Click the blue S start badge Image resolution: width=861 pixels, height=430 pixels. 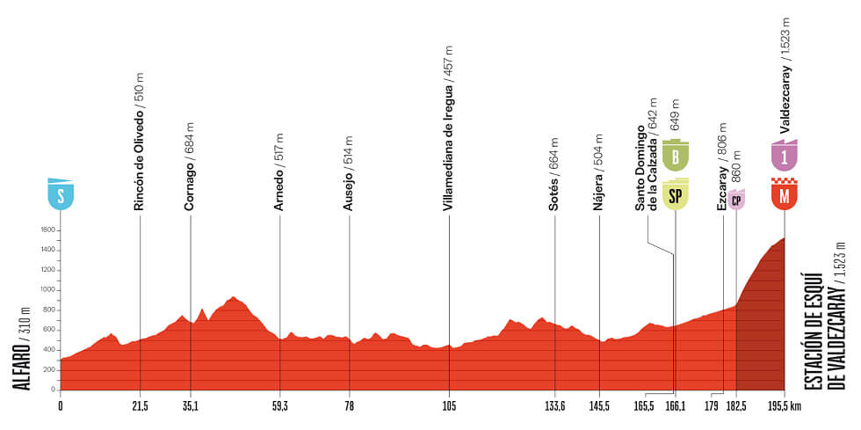[x=61, y=194]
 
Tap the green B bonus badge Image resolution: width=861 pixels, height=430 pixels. [x=675, y=157]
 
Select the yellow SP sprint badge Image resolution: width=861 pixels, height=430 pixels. [x=675, y=195]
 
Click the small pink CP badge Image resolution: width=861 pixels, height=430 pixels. [x=736, y=200]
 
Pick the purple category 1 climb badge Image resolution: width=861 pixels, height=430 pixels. [x=784, y=156]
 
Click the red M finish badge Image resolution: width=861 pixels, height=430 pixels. [x=784, y=194]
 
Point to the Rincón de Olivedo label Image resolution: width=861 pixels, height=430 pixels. [x=139, y=142]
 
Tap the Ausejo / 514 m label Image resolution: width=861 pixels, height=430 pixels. [x=349, y=173]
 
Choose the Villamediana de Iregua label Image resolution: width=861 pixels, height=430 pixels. [x=448, y=128]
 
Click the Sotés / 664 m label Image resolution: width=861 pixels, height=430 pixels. [x=554, y=173]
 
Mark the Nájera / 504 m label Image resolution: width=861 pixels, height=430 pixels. [x=599, y=172]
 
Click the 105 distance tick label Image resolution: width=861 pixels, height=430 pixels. [x=449, y=405]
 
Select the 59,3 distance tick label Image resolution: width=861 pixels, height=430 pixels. [x=279, y=405]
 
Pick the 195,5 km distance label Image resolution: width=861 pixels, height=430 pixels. [x=788, y=405]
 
